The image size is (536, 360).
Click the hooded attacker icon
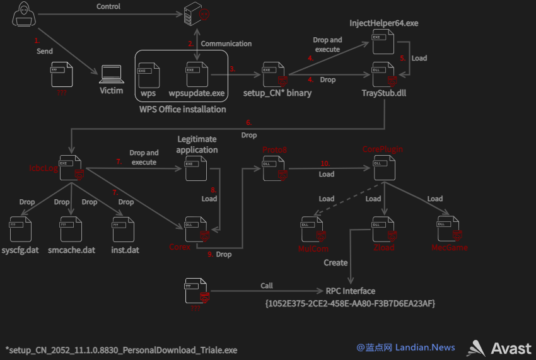(24, 14)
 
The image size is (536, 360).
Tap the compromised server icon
(196, 14)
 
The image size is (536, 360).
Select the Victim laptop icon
(112, 74)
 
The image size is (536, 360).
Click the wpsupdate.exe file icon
(197, 74)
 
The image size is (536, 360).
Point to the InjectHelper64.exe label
(383, 23)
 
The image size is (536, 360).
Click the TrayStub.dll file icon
(384, 74)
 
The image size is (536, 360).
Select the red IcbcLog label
(44, 168)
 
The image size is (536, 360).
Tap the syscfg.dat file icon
(21, 229)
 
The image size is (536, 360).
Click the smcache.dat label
(71, 250)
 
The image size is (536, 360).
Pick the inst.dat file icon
(124, 229)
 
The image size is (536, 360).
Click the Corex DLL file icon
(197, 229)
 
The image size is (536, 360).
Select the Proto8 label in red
(274, 150)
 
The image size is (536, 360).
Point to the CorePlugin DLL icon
(384, 168)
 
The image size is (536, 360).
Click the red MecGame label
(450, 248)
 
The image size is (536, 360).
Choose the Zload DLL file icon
(384, 229)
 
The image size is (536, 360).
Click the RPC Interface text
(351, 291)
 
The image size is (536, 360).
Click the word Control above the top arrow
(108, 6)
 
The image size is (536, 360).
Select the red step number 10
(325, 163)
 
